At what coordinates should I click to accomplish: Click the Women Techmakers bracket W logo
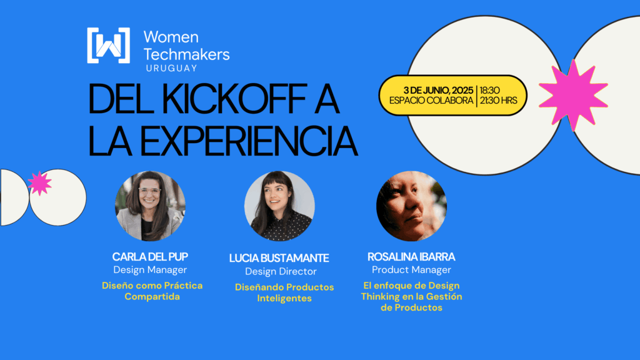(x=109, y=45)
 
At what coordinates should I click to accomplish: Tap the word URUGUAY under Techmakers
(x=171, y=68)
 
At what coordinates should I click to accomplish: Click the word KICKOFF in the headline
(x=236, y=99)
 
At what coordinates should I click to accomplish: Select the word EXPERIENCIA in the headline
(x=249, y=141)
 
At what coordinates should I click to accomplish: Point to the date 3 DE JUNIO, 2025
(x=438, y=90)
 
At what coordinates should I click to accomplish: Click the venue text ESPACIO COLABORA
(x=431, y=101)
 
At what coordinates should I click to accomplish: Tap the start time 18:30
(x=490, y=90)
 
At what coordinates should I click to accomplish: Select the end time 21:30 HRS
(x=498, y=101)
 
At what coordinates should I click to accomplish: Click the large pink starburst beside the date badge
(x=574, y=95)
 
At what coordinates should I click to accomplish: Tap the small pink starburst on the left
(x=39, y=183)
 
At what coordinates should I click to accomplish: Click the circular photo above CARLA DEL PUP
(x=150, y=206)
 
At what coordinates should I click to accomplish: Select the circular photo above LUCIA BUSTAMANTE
(x=279, y=206)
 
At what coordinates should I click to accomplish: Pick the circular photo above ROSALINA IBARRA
(x=411, y=206)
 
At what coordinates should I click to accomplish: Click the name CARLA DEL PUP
(x=150, y=257)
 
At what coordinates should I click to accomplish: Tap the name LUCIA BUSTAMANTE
(x=279, y=258)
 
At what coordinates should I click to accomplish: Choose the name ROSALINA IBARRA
(x=411, y=257)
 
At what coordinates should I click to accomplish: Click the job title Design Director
(x=281, y=271)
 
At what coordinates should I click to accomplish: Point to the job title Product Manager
(x=411, y=270)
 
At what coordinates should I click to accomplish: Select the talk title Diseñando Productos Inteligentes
(x=284, y=292)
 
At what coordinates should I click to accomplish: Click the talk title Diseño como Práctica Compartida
(x=152, y=291)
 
